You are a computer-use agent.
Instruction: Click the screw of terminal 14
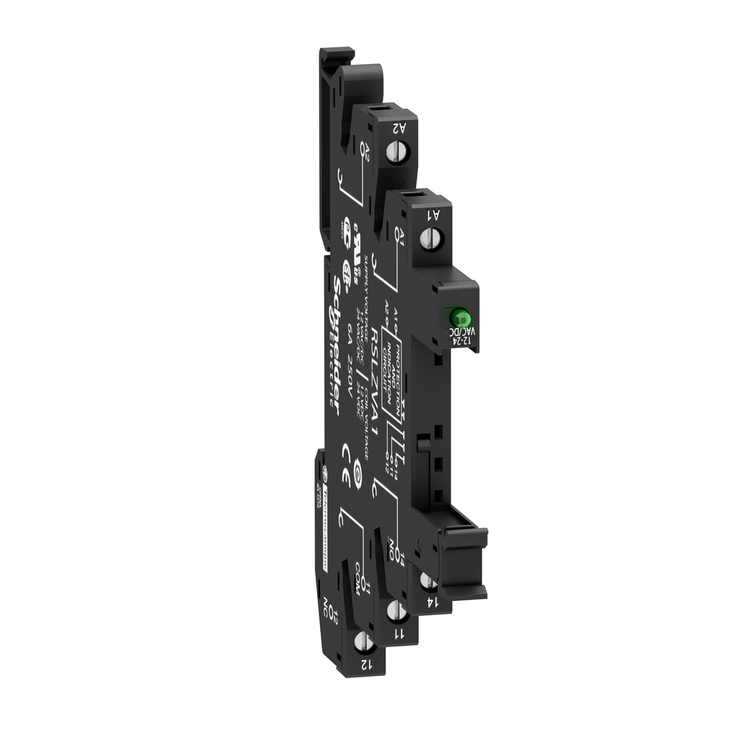(427, 582)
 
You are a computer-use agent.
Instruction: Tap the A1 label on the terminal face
(434, 213)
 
